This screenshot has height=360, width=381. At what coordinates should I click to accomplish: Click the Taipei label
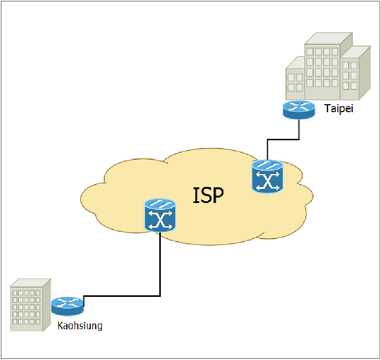tap(339, 109)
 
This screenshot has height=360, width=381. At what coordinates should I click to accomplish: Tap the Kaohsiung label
tap(80, 326)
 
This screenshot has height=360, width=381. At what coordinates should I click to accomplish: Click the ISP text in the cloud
tap(208, 196)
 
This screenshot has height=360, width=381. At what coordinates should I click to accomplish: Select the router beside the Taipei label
tap(299, 110)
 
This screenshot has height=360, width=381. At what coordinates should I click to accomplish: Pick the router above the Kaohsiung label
tap(67, 306)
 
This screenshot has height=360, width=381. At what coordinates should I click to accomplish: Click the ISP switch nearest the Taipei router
tap(267, 176)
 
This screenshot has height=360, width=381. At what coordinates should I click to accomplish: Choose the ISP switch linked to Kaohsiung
tap(160, 215)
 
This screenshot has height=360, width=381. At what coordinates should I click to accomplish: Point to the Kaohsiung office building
tap(30, 304)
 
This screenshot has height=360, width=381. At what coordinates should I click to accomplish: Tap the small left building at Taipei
tap(295, 78)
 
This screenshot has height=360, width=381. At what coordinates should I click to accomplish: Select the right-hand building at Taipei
tap(355, 74)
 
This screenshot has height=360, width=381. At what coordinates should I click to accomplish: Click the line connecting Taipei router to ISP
tap(283, 139)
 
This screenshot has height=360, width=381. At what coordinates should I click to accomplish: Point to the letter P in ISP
tap(217, 196)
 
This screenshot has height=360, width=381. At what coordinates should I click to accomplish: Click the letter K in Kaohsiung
tap(60, 325)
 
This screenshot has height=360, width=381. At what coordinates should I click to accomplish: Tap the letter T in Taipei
tap(328, 108)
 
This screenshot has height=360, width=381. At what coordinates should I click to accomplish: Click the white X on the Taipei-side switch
tap(267, 180)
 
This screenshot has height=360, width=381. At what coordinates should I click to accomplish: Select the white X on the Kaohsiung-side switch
tap(160, 220)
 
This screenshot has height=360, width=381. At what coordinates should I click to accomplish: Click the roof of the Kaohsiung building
tap(30, 283)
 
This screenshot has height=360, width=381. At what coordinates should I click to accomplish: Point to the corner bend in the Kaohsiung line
tap(160, 296)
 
